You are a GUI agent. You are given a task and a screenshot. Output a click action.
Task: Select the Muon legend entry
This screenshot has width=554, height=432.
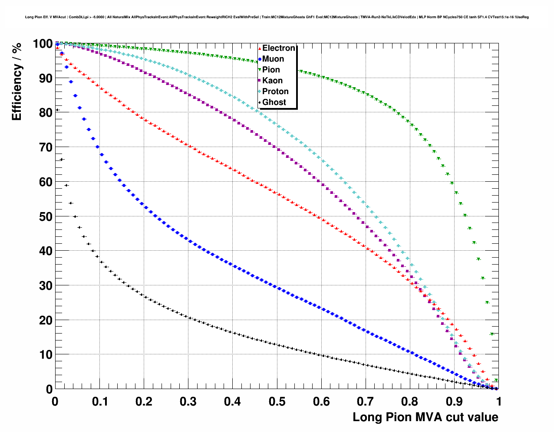click(x=273, y=59)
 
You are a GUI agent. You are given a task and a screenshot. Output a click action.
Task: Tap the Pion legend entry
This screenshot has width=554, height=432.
click(x=271, y=70)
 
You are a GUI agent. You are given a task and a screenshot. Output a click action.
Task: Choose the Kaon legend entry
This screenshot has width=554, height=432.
click(x=272, y=81)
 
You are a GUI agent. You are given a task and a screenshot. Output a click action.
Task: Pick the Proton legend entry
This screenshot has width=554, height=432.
click(x=275, y=92)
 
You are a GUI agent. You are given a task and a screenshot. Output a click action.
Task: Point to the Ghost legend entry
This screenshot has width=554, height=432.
click(x=274, y=102)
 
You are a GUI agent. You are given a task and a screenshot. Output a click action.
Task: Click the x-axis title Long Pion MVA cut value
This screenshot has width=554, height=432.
click(x=425, y=417)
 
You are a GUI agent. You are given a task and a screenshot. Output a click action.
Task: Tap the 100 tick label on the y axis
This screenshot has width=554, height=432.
click(x=43, y=44)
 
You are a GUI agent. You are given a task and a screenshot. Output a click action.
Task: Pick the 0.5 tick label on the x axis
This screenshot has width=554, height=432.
click(x=277, y=402)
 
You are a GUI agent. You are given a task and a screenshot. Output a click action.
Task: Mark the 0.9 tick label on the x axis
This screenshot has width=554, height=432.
click(x=455, y=402)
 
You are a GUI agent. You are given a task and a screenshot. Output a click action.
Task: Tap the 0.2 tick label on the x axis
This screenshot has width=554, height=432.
click(x=144, y=402)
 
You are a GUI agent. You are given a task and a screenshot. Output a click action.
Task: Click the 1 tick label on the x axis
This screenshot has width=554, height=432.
click(x=499, y=402)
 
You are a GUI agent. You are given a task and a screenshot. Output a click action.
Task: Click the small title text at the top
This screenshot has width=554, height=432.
click(x=277, y=17)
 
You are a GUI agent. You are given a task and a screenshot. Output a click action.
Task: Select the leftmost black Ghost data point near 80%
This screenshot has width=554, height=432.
click(x=57, y=110)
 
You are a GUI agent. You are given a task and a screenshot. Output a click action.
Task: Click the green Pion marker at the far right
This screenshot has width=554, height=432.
click(x=496, y=380)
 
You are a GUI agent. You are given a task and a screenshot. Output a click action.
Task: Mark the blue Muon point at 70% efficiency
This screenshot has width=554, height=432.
click(x=97, y=147)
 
